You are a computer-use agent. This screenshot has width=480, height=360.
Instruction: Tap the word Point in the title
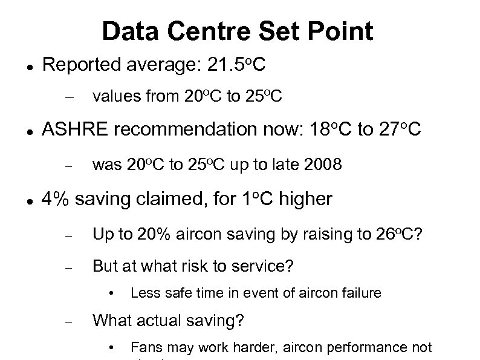tap(343, 31)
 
